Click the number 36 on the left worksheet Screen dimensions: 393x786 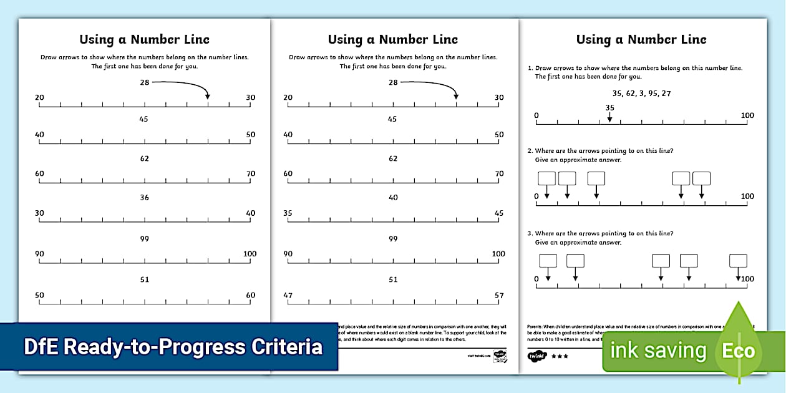pyautogui.click(x=144, y=198)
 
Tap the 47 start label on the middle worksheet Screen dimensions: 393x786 pyautogui.click(x=288, y=295)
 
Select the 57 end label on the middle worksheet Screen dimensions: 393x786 pyautogui.click(x=498, y=295)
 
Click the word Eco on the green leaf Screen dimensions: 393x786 pyautogui.click(x=739, y=351)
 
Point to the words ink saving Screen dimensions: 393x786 pyautogui.click(x=658, y=351)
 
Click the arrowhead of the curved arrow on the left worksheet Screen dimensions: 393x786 pyautogui.click(x=208, y=96)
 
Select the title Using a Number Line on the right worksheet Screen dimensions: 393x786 pyautogui.click(x=641, y=40)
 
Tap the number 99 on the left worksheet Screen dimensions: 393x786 pyautogui.click(x=144, y=239)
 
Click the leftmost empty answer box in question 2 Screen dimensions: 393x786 pyautogui.click(x=546, y=178)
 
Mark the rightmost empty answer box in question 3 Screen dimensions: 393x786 pyautogui.click(x=738, y=260)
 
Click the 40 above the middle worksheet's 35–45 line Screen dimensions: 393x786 pyautogui.click(x=393, y=198)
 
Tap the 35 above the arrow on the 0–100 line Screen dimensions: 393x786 pyautogui.click(x=609, y=107)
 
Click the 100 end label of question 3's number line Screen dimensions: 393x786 pyautogui.click(x=747, y=279)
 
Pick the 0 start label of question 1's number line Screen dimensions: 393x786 pyautogui.click(x=536, y=115)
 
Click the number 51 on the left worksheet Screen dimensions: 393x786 pyautogui.click(x=144, y=280)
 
